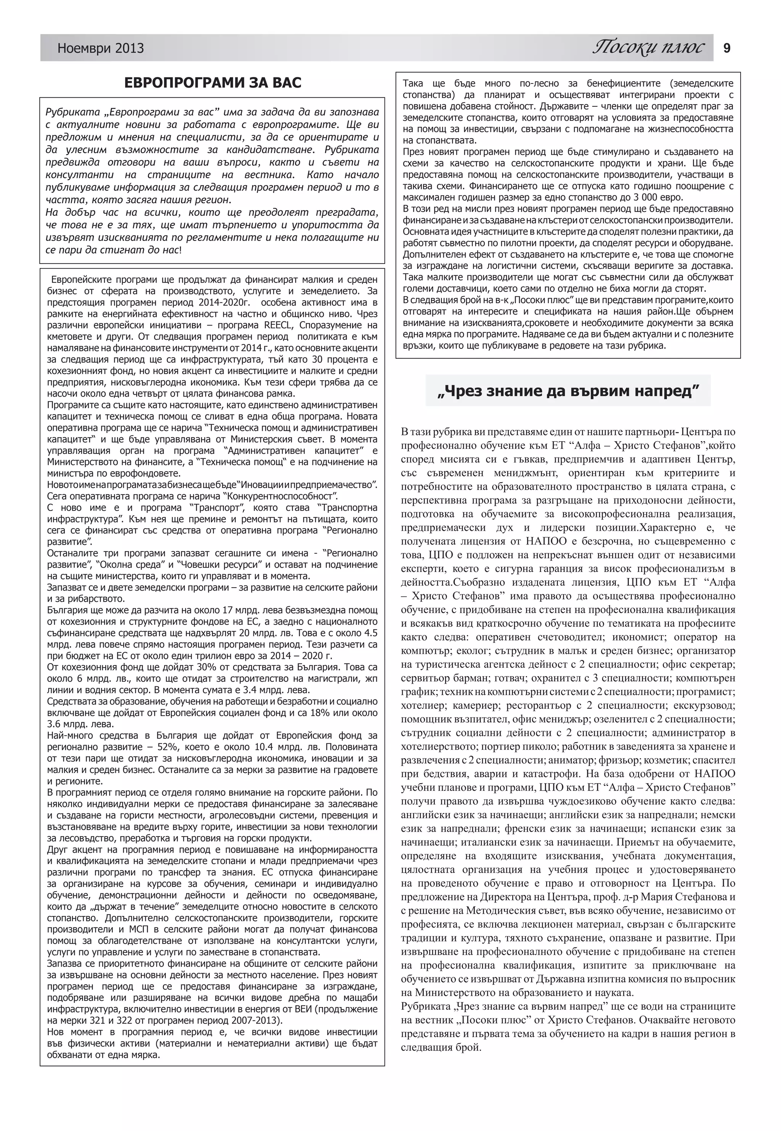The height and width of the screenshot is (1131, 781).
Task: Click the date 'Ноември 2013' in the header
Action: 100,48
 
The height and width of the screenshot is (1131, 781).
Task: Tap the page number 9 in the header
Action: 727,48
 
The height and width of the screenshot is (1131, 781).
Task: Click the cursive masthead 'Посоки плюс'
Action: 648,47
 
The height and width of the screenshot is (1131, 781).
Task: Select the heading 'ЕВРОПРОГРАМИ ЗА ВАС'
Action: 212,83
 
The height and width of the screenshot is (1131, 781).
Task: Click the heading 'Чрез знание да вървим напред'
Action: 568,391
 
